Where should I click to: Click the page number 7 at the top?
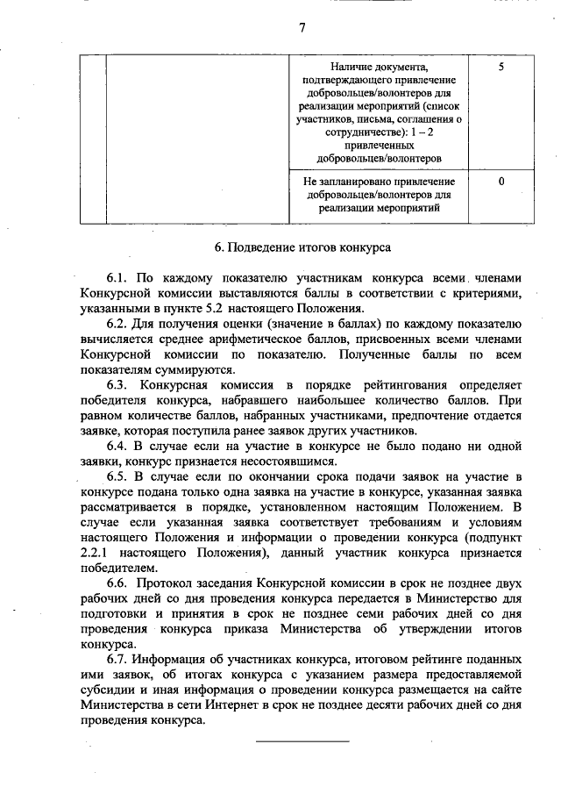click(302, 27)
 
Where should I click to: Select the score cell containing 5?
click(500, 66)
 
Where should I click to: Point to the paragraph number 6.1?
click(119, 278)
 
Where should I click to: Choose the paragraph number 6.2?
click(119, 324)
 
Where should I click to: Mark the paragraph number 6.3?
click(119, 384)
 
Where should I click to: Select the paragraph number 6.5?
click(119, 476)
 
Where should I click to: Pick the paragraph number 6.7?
click(119, 658)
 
